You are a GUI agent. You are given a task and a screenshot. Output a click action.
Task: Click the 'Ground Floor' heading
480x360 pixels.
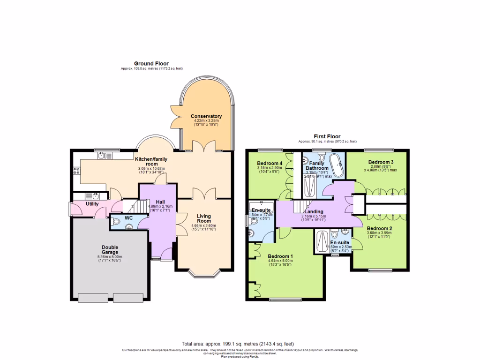151,63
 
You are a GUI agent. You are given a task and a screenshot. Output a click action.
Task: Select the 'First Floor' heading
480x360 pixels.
327,136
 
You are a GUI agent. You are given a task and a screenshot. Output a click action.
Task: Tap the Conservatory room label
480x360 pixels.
206,116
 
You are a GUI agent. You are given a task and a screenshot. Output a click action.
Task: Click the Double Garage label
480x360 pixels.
110,250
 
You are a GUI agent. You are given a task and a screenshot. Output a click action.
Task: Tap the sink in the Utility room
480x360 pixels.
91,196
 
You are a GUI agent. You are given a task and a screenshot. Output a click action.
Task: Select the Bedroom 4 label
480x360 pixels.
270,163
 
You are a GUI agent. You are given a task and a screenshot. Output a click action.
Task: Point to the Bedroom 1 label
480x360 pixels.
280,256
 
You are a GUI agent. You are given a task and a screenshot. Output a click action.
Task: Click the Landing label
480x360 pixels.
314,211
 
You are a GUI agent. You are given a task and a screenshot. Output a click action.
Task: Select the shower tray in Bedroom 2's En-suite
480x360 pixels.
322,242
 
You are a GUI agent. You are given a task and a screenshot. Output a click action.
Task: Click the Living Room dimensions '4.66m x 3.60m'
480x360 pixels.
203,226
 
